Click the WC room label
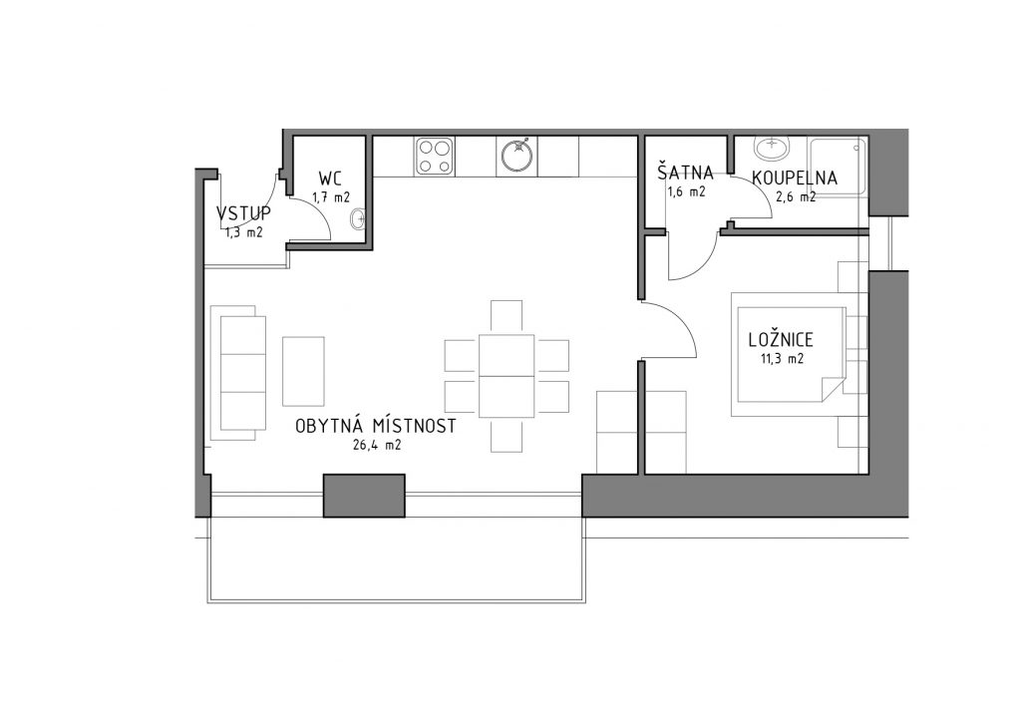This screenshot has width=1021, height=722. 330,179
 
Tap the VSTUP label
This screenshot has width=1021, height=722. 243,213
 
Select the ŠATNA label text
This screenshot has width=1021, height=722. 685,173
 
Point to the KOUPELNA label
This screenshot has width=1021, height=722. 795,178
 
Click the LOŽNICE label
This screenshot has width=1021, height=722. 781,339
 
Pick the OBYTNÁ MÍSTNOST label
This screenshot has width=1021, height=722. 376,426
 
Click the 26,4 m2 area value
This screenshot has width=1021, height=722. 376,446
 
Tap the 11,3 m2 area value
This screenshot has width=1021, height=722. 782,358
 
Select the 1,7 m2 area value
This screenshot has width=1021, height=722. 331,197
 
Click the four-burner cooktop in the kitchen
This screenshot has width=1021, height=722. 435,157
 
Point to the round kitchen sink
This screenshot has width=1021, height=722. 517,156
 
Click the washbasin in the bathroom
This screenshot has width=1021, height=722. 773,148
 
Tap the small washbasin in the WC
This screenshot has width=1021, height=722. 358,220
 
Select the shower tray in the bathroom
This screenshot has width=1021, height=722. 838,166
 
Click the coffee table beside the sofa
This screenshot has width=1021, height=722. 303,371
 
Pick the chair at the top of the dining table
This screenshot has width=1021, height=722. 507,317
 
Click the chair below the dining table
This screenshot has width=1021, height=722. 507,435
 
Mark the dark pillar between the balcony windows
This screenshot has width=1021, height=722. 365,496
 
